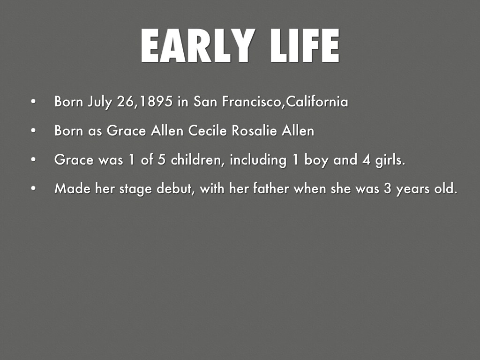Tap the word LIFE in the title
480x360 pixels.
pos(305,45)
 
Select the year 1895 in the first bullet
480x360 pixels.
pos(156,101)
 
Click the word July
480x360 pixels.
pos(100,102)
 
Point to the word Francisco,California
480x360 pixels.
pos(285,101)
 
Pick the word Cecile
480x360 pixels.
pos(208,131)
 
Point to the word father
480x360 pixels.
pos(271,188)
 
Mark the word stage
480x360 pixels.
pos(135,189)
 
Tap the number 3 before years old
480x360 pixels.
pos(388,188)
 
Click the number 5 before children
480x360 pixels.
pos(162,160)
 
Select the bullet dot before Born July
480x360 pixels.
pos(33,102)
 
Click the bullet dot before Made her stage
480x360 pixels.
pos(33,188)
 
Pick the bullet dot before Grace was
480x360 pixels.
pos(33,159)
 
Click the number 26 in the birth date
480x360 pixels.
pos(125,102)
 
